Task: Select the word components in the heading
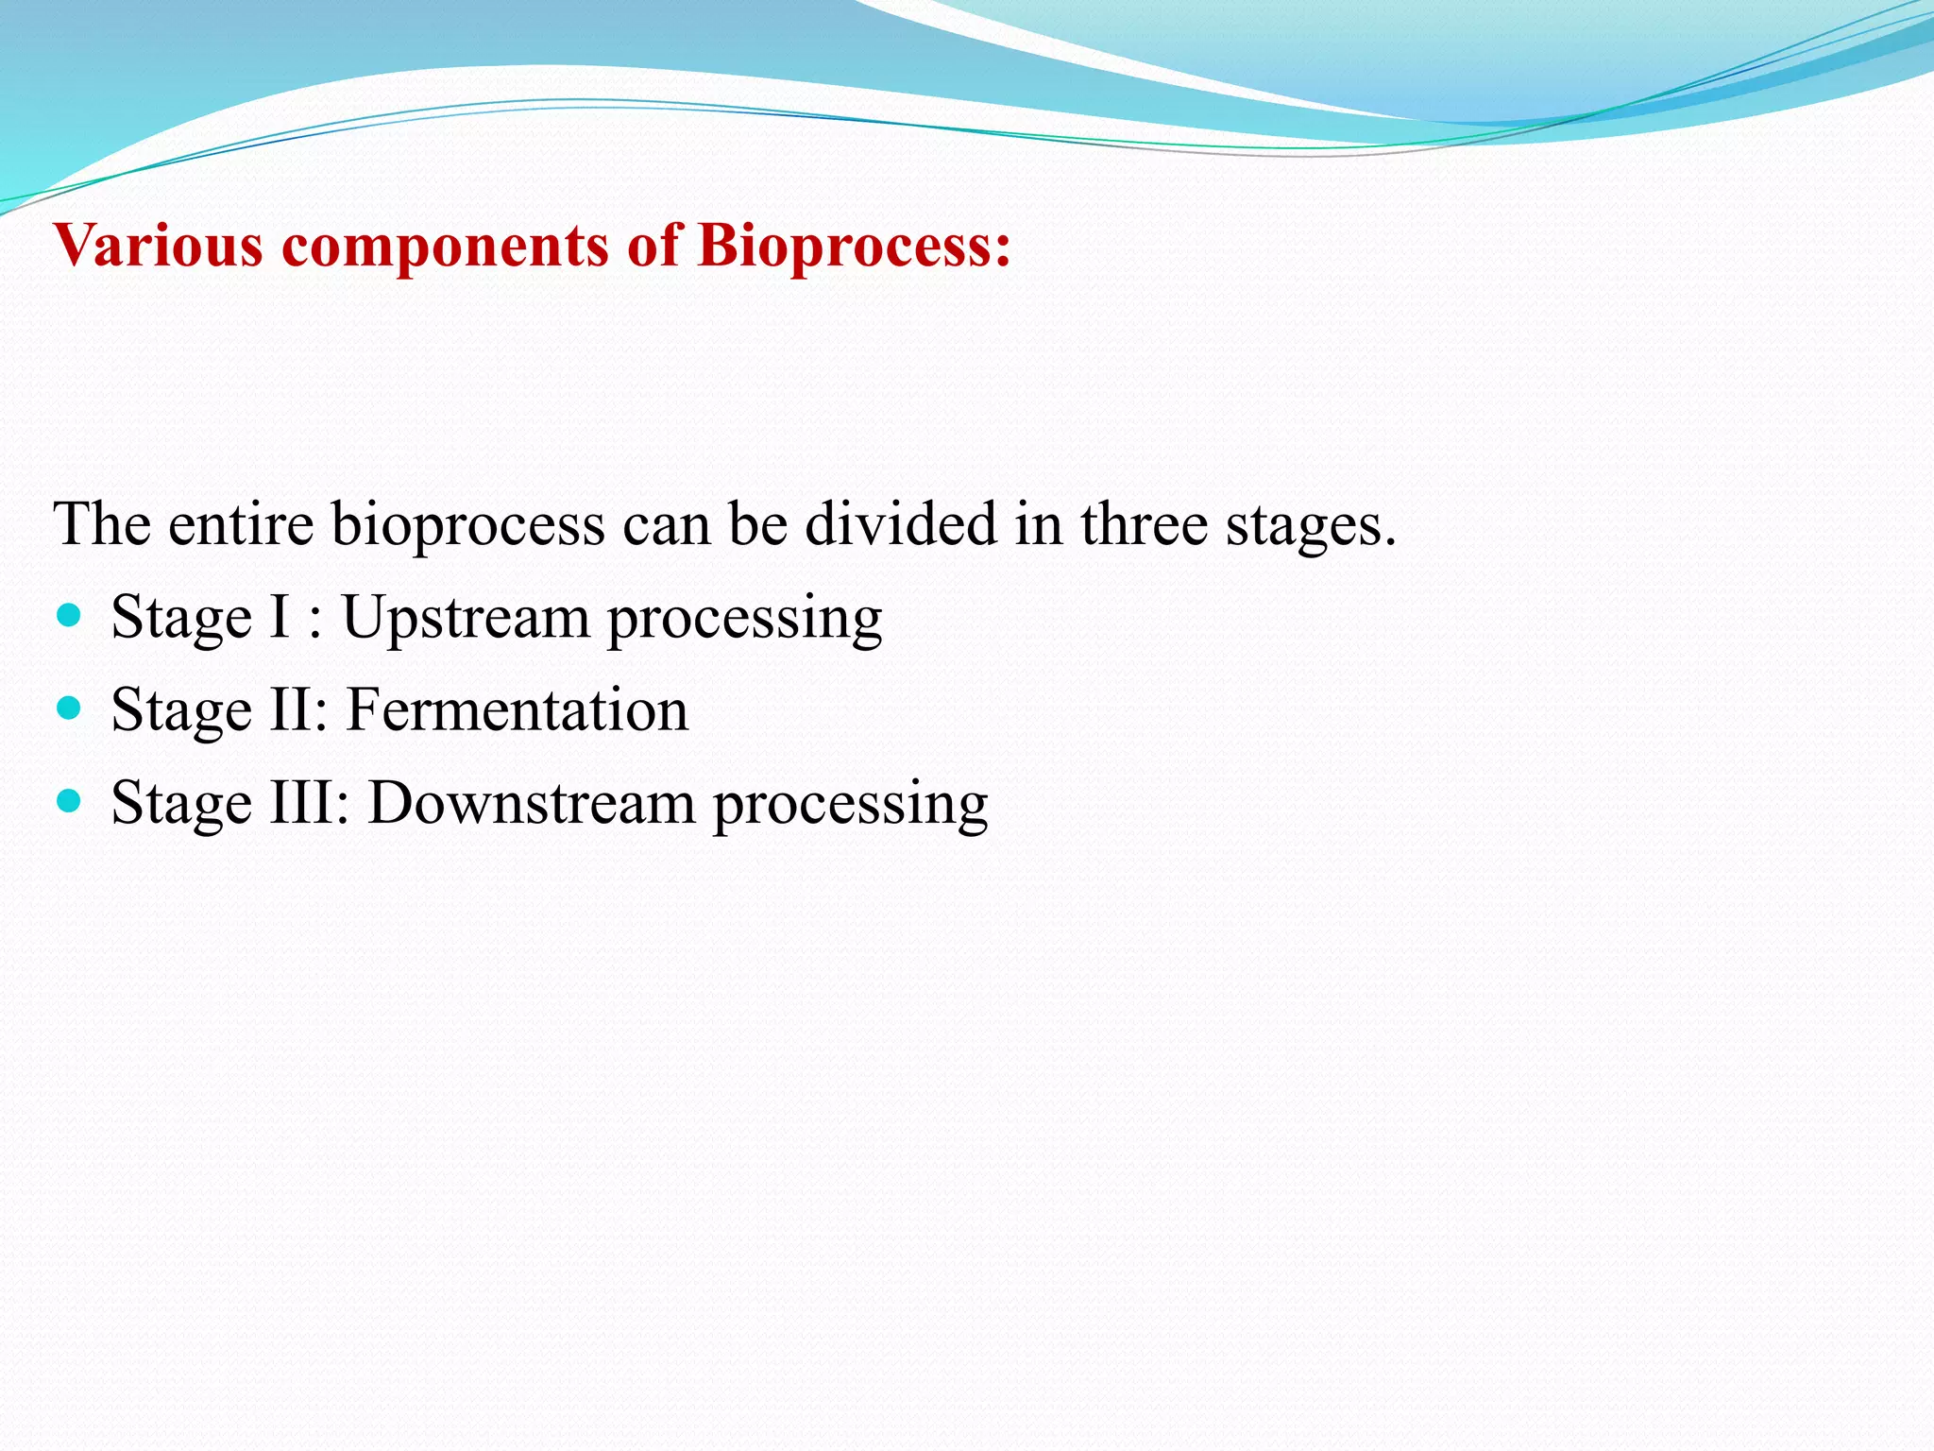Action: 444,248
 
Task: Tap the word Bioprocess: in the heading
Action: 854,248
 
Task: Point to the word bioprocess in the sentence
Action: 467,525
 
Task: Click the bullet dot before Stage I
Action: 69,617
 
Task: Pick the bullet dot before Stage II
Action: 69,708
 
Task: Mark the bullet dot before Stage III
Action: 69,801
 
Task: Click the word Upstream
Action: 465,619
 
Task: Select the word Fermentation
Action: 517,709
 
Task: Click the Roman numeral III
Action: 301,803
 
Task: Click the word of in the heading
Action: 653,246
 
